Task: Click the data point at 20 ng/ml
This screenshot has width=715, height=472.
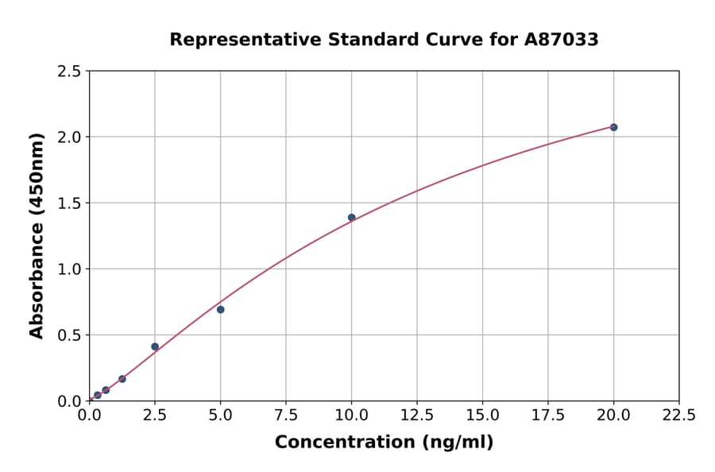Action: point(613,127)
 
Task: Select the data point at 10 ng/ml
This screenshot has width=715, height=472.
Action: point(351,218)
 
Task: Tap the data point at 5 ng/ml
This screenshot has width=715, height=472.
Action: point(220,309)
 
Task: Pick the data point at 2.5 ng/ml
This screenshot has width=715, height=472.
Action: point(155,346)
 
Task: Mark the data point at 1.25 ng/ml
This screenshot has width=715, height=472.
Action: point(122,379)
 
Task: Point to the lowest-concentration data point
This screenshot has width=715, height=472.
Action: point(98,395)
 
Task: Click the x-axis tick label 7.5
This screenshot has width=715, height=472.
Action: point(286,416)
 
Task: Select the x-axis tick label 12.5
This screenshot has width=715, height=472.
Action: point(417,416)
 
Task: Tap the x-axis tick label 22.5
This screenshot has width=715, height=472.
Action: point(678,416)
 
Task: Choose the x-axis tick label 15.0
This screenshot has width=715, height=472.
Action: point(482,416)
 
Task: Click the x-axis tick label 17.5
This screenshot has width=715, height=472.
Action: point(548,416)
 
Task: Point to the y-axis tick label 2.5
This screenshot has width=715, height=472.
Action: point(69,72)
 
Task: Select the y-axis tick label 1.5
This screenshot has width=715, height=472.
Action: point(69,203)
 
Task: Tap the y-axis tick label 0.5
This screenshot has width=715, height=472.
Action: point(69,335)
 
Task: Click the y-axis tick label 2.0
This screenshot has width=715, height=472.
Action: point(69,137)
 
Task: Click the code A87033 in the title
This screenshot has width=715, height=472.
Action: point(560,40)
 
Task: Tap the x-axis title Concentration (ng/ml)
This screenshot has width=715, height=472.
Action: point(384,443)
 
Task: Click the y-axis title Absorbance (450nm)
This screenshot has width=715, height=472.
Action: point(37,236)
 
